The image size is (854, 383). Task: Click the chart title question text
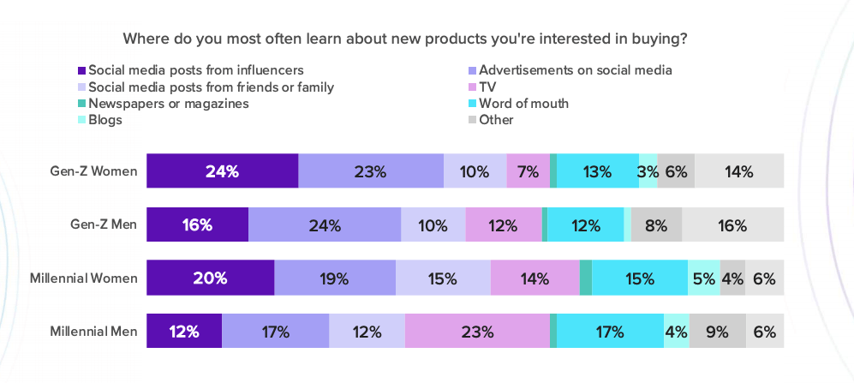[406, 39]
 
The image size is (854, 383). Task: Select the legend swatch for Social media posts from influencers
[81, 69]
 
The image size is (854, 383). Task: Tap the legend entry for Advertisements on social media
[575, 69]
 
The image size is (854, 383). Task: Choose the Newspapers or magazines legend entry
[168, 103]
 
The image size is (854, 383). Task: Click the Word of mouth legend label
[523, 104]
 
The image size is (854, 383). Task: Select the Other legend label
[496, 120]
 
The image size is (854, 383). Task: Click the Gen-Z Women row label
[93, 171]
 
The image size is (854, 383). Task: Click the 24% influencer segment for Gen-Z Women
[222, 171]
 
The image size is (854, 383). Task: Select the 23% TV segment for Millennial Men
[476, 331]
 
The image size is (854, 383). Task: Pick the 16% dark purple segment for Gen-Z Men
[197, 225]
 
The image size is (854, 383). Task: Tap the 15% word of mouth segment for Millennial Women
[639, 278]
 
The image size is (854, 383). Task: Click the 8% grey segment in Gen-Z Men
[656, 225]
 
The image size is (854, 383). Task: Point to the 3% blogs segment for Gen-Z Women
[648, 171]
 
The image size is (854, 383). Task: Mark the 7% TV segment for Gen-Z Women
[528, 171]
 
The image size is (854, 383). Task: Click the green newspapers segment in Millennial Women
[586, 278]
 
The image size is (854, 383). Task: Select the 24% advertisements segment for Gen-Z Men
[324, 225]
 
